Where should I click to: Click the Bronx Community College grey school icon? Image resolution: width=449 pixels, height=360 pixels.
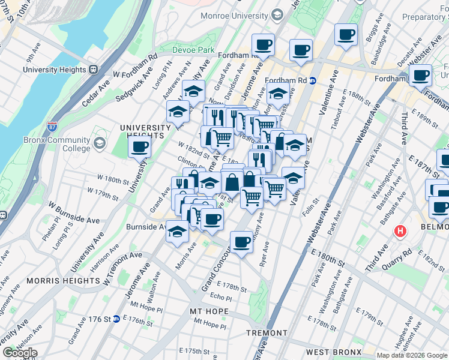pyautogui.click(x=98, y=144)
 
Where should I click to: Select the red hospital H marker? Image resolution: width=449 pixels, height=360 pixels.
pyautogui.click(x=400, y=231)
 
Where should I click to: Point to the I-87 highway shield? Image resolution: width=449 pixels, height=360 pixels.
pyautogui.click(x=53, y=127)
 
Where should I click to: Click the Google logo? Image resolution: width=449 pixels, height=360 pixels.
pyautogui.click(x=19, y=353)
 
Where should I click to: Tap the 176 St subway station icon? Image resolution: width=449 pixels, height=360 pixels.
pyautogui.click(x=116, y=319)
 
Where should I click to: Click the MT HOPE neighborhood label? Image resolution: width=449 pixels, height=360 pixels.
pyautogui.click(x=209, y=311)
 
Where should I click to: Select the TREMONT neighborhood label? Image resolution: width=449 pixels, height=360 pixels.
pyautogui.click(x=267, y=333)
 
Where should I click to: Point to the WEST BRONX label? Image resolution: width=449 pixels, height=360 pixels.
pyautogui.click(x=333, y=352)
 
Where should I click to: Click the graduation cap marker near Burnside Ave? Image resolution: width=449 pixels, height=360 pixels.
pyautogui.click(x=177, y=231)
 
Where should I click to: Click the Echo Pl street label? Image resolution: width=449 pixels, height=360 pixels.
pyautogui.click(x=220, y=297)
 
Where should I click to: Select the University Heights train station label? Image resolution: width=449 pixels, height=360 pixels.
pyautogui.click(x=55, y=70)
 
